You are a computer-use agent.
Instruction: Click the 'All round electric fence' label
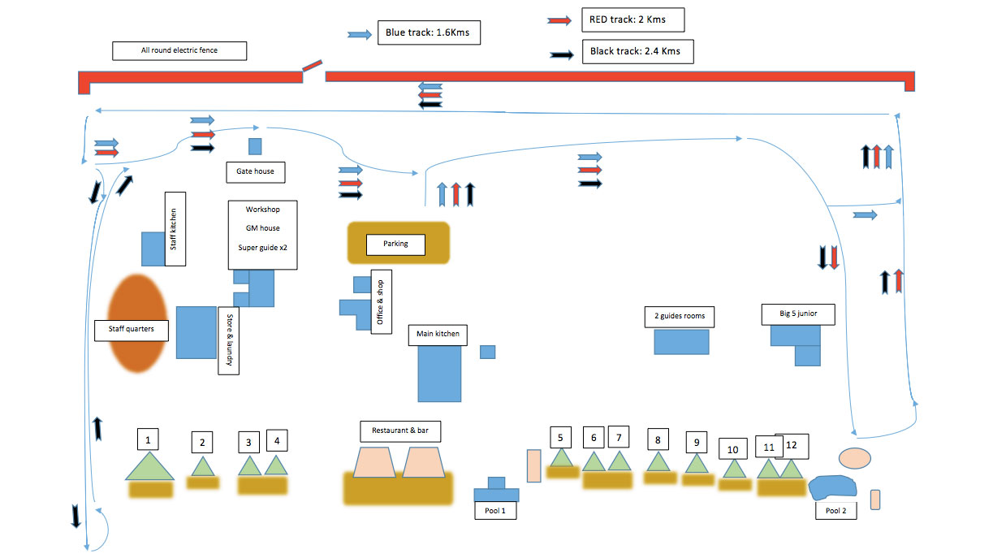[x=179, y=50]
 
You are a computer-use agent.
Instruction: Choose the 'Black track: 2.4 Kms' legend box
[x=637, y=51]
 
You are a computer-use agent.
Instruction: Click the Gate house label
[x=255, y=171]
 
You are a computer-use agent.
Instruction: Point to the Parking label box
[x=395, y=244]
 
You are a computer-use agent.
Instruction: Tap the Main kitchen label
[x=438, y=334]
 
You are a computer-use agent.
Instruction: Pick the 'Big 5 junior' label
[x=797, y=313]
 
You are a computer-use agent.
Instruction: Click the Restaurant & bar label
[x=400, y=430]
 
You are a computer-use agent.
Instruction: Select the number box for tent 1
[x=148, y=440]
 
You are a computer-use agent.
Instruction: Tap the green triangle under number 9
[x=696, y=464]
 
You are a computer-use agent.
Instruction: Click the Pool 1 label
[x=494, y=511]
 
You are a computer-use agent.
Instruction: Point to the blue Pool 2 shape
[x=833, y=487]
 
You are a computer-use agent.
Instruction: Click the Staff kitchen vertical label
[x=175, y=228]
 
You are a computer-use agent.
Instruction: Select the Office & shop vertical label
[x=381, y=301]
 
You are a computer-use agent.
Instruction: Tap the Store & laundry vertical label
[x=229, y=340]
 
